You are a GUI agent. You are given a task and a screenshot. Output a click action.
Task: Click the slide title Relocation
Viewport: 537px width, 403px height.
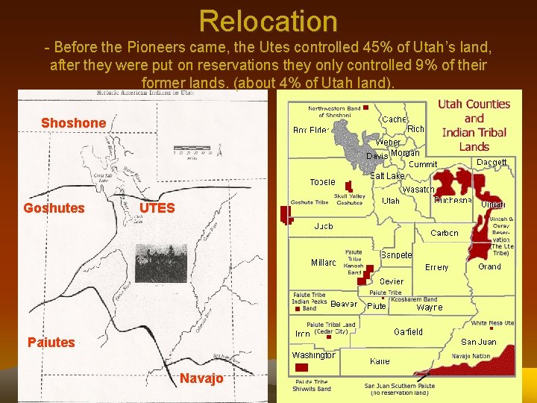pyautogui.click(x=268, y=21)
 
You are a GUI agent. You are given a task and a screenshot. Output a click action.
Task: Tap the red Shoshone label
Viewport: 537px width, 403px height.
pyautogui.click(x=73, y=122)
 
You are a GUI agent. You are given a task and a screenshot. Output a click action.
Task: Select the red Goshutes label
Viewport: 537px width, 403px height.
pyautogui.click(x=54, y=208)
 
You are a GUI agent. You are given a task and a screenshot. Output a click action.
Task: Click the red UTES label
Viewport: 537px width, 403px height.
pyautogui.click(x=157, y=208)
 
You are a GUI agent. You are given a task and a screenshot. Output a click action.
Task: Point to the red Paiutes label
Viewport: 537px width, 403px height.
pyautogui.click(x=51, y=343)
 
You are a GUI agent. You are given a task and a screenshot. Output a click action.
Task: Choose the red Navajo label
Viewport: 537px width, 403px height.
pyautogui.click(x=201, y=378)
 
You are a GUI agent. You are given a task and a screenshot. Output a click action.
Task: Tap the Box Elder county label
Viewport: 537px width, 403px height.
pyautogui.click(x=310, y=131)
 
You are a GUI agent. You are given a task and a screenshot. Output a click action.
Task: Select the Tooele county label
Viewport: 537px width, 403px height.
pyautogui.click(x=322, y=182)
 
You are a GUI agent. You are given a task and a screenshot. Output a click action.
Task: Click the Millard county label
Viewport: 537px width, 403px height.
pyautogui.click(x=323, y=263)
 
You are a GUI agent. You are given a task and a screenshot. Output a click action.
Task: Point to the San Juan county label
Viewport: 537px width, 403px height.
pyautogui.click(x=478, y=342)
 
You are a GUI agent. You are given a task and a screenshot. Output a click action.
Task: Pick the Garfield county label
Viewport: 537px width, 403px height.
pyautogui.click(x=408, y=331)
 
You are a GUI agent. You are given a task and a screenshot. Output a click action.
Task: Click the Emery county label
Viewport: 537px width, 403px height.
pyautogui.click(x=436, y=267)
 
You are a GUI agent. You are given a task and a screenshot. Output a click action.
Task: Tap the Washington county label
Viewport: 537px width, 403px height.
pyautogui.click(x=313, y=355)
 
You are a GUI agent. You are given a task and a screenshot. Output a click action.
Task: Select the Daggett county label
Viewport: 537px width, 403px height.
pyautogui.click(x=492, y=162)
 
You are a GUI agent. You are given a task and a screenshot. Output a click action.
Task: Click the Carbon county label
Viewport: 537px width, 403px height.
pyautogui.click(x=445, y=233)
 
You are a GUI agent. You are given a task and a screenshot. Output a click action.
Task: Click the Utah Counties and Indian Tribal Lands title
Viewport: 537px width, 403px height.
pyautogui.click(x=474, y=125)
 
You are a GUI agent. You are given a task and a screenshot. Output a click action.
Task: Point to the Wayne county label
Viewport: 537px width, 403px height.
pyautogui.click(x=429, y=307)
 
